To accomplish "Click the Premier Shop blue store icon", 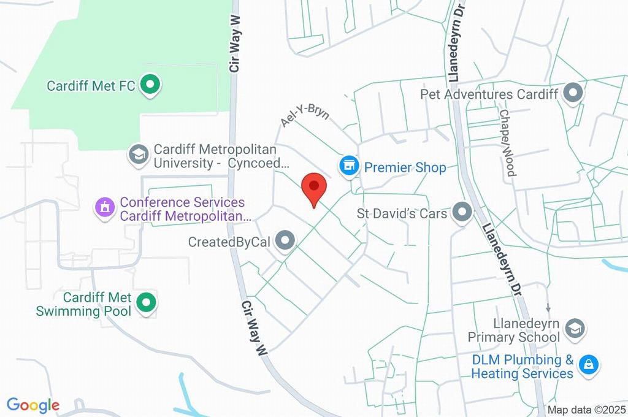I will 349,166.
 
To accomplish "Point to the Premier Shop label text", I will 405,167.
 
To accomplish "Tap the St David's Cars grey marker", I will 462,213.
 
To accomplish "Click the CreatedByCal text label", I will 229,242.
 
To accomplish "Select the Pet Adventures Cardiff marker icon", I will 573,93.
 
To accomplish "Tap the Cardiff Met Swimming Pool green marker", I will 146,302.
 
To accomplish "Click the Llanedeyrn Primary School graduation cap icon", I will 574,328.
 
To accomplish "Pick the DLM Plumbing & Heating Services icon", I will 589,365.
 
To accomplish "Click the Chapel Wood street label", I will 508,143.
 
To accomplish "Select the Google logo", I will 33,405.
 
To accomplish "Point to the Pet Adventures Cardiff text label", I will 489,94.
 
